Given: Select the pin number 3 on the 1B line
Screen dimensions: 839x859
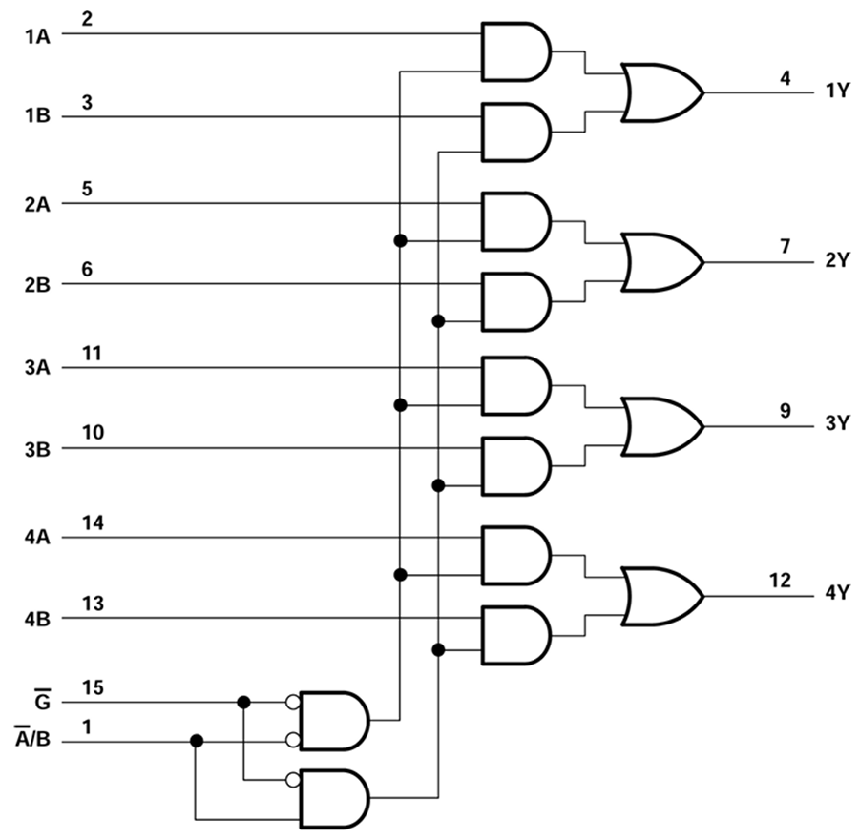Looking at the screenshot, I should coord(87,102).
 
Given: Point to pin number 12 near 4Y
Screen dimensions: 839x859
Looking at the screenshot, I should coord(780,580).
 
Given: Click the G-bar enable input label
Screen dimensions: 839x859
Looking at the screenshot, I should coord(43,702).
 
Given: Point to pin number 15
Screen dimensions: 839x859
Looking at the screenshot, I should coord(93,687).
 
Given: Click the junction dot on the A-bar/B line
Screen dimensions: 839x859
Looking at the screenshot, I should coord(196,741).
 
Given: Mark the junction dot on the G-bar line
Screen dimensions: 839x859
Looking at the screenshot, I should coord(243,702).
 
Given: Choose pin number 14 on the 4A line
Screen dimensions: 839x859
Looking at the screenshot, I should coord(93,522).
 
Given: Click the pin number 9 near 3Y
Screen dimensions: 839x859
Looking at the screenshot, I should coord(785,411).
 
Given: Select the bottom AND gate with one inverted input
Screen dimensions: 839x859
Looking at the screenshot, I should coord(334,798).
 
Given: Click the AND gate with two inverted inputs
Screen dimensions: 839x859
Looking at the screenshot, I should coord(334,721).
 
